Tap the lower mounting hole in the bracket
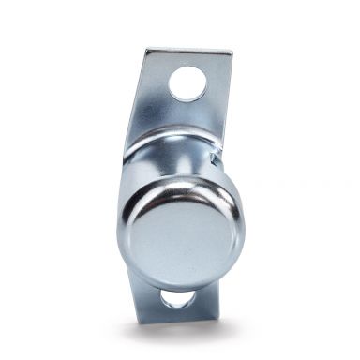point(175,299)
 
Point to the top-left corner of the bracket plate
point(146,50)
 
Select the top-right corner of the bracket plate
point(232,54)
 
